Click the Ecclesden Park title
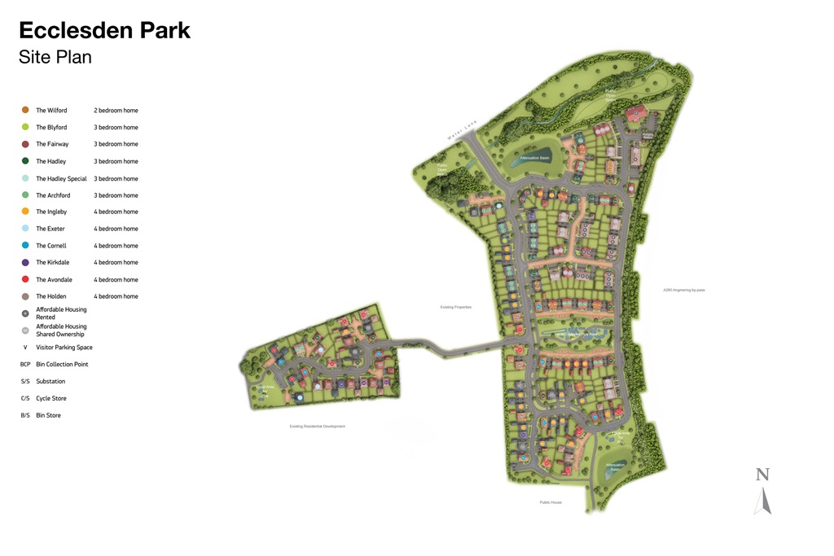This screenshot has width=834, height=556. (x=104, y=30)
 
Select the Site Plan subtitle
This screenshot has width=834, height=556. (x=55, y=57)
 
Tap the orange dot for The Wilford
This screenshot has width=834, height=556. (x=25, y=110)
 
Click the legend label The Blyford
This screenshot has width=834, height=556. (x=51, y=128)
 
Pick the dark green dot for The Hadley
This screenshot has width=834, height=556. (x=25, y=161)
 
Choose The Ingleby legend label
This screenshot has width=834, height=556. (x=51, y=212)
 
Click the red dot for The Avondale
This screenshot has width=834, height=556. (x=25, y=279)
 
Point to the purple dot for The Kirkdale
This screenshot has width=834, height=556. (x=25, y=262)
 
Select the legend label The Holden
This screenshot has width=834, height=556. (x=50, y=296)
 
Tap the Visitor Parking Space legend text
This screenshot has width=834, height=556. (x=64, y=348)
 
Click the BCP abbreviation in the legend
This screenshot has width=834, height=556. (x=25, y=365)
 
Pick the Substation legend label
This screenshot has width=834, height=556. (x=50, y=382)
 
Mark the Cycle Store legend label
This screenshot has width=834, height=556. (x=51, y=399)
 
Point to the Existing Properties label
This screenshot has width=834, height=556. (x=455, y=307)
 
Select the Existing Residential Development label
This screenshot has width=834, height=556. (x=317, y=427)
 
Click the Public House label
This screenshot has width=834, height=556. (x=551, y=502)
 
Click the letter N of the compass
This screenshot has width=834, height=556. (x=762, y=475)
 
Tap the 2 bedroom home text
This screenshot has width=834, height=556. (x=116, y=111)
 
